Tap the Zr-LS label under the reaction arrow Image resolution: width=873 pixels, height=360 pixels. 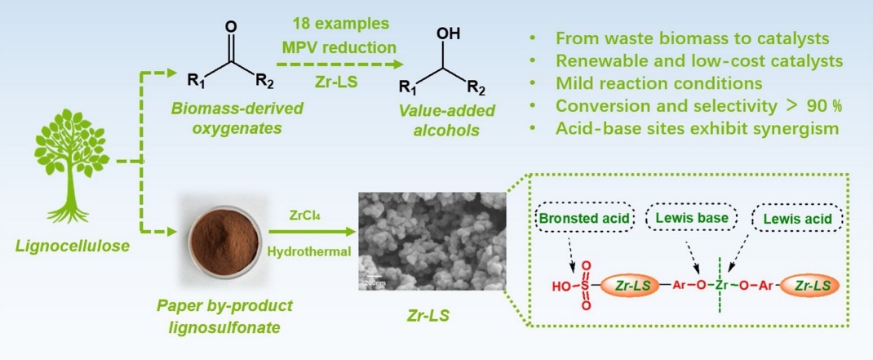coord(350,83)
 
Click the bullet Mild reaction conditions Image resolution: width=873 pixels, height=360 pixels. coord(658,84)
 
